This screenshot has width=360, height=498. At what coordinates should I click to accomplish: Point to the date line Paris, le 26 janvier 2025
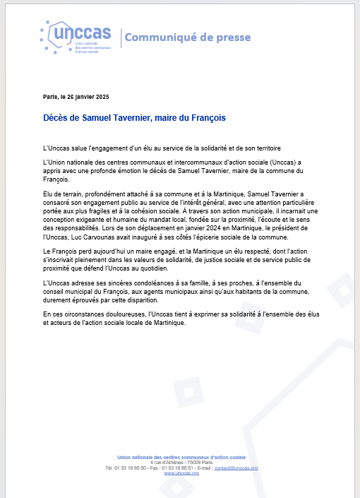click(x=76, y=96)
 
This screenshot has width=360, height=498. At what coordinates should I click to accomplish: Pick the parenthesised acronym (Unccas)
click(x=265, y=162)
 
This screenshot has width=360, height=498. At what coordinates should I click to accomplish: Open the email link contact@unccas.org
click(x=236, y=468)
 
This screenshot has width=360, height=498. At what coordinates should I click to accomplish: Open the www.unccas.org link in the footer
click(x=181, y=473)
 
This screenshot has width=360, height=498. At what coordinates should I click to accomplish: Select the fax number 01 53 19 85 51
click(x=181, y=468)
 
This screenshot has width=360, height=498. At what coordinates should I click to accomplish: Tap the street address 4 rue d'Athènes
click(x=167, y=463)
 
